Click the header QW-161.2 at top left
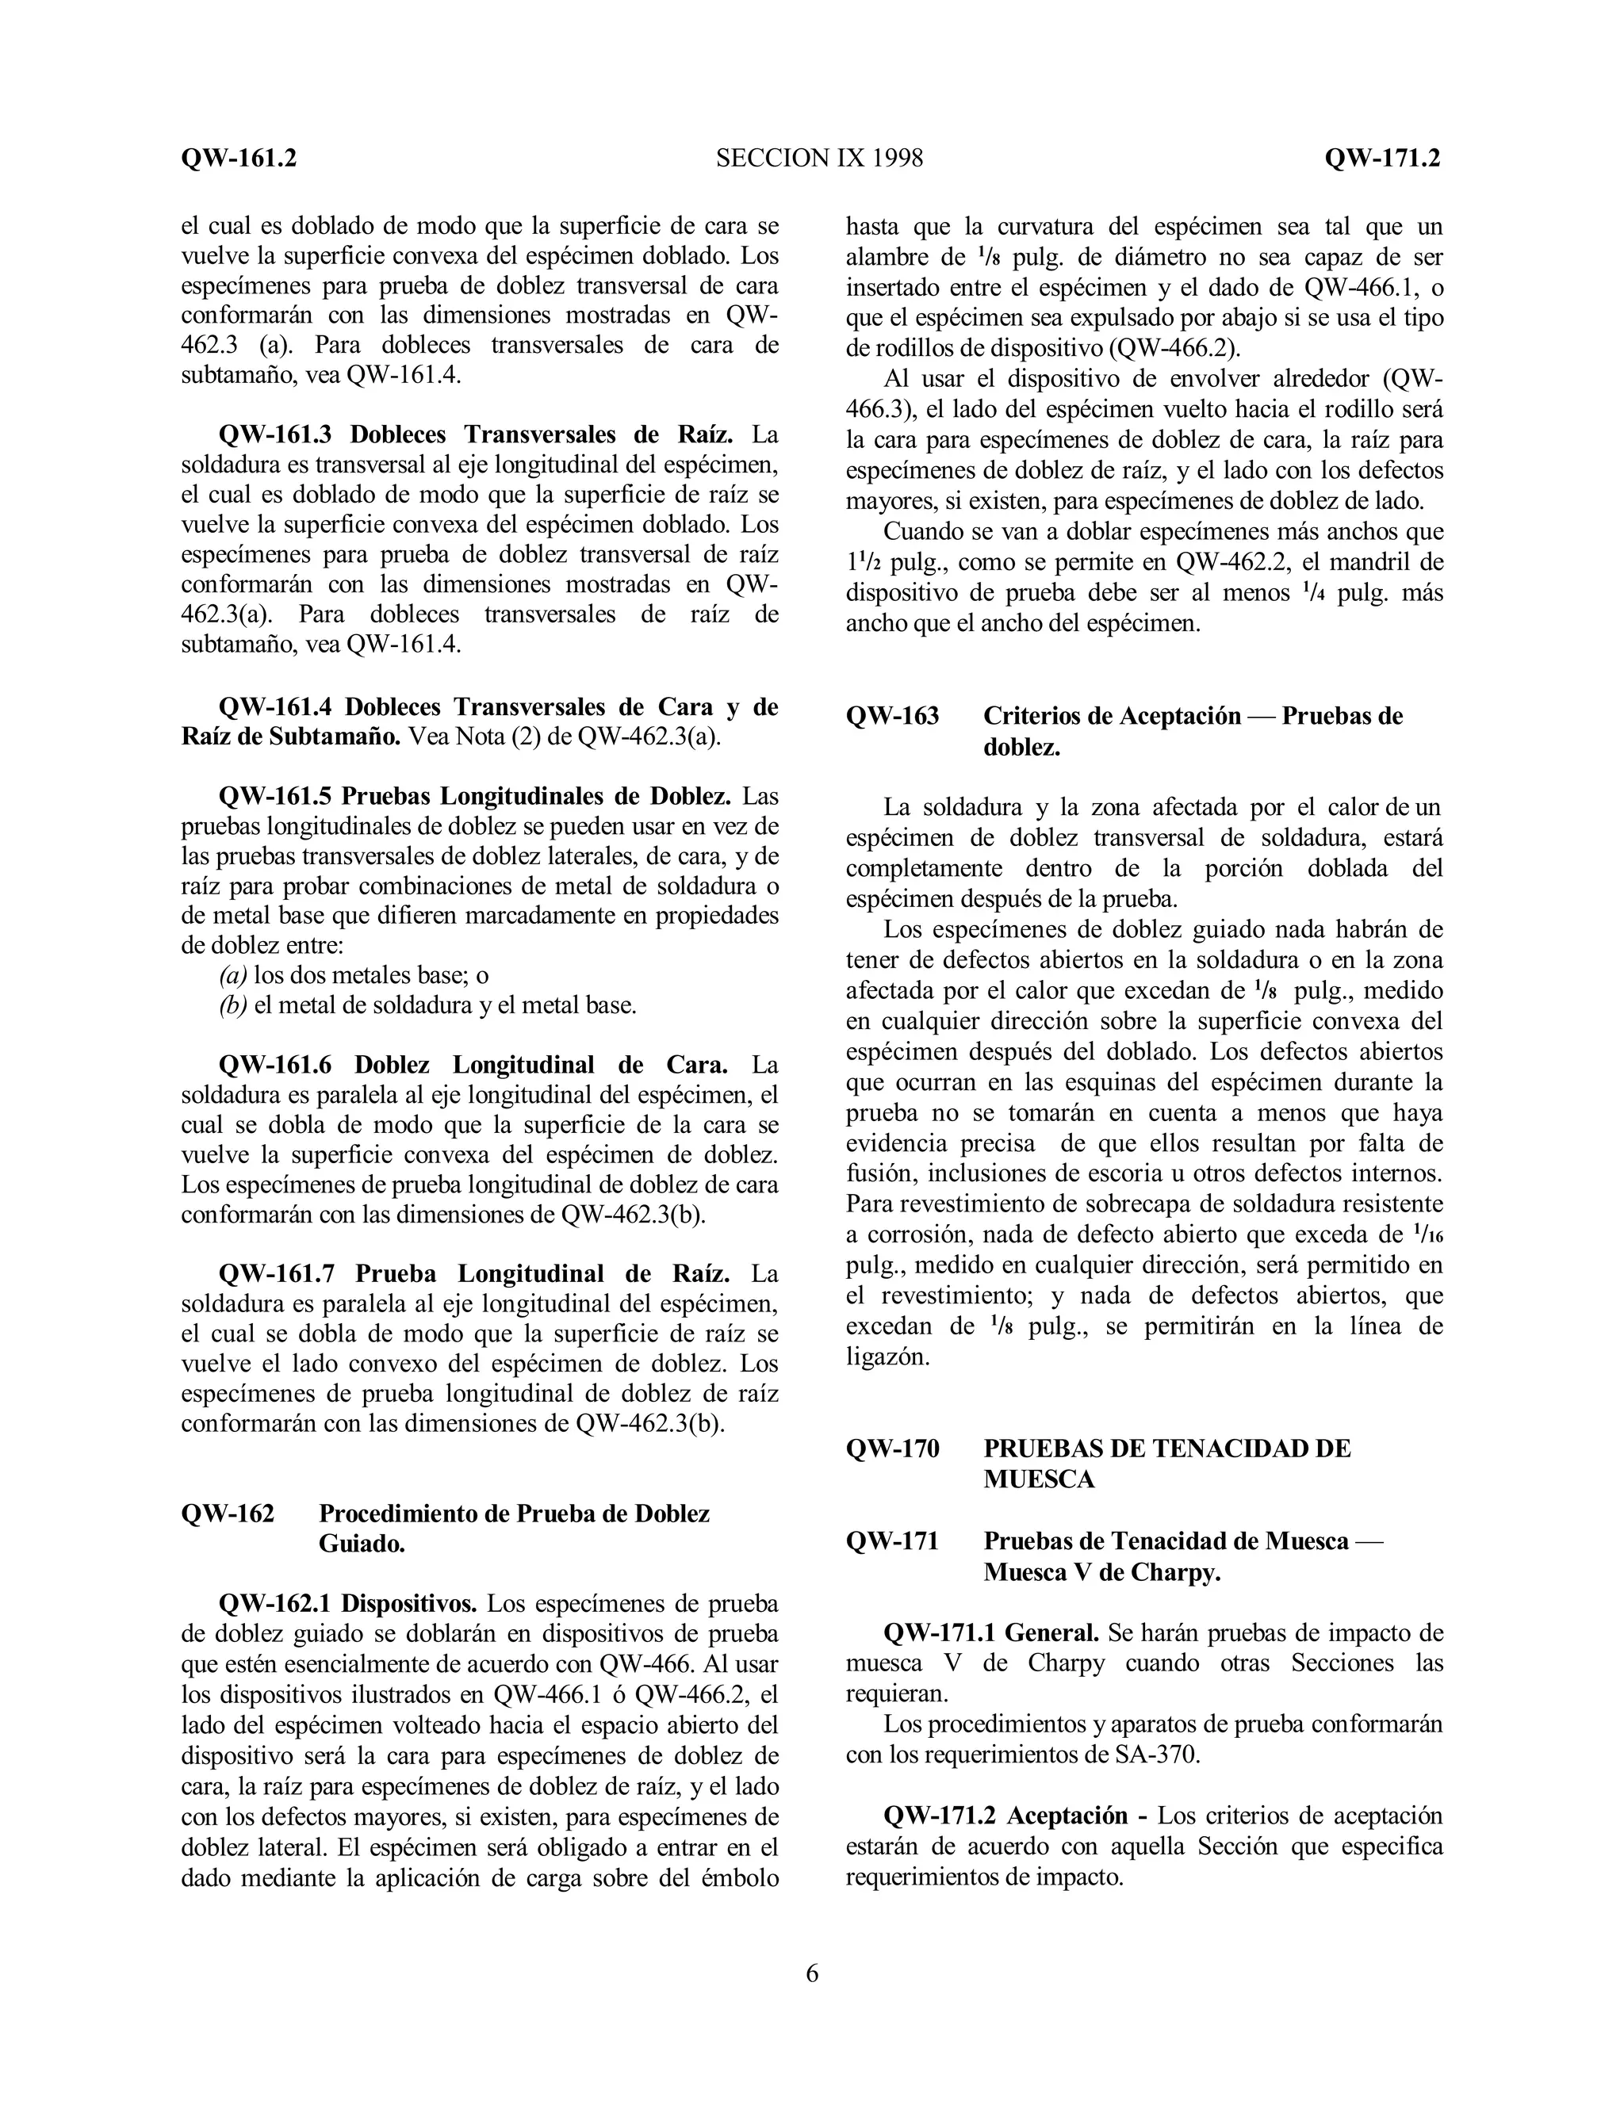click(x=239, y=158)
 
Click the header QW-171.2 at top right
click(x=1381, y=158)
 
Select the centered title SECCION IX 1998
click(x=820, y=158)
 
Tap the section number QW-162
click(x=228, y=1514)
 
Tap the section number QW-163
click(x=892, y=716)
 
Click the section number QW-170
click(x=892, y=1448)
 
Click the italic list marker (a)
click(x=233, y=974)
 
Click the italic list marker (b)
click(x=233, y=1005)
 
